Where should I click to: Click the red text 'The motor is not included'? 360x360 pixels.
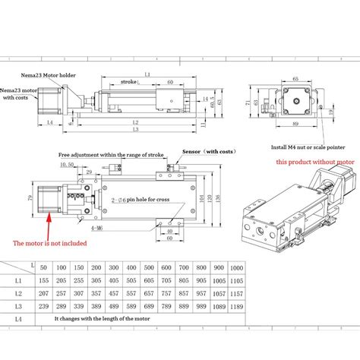coord(49,244)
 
